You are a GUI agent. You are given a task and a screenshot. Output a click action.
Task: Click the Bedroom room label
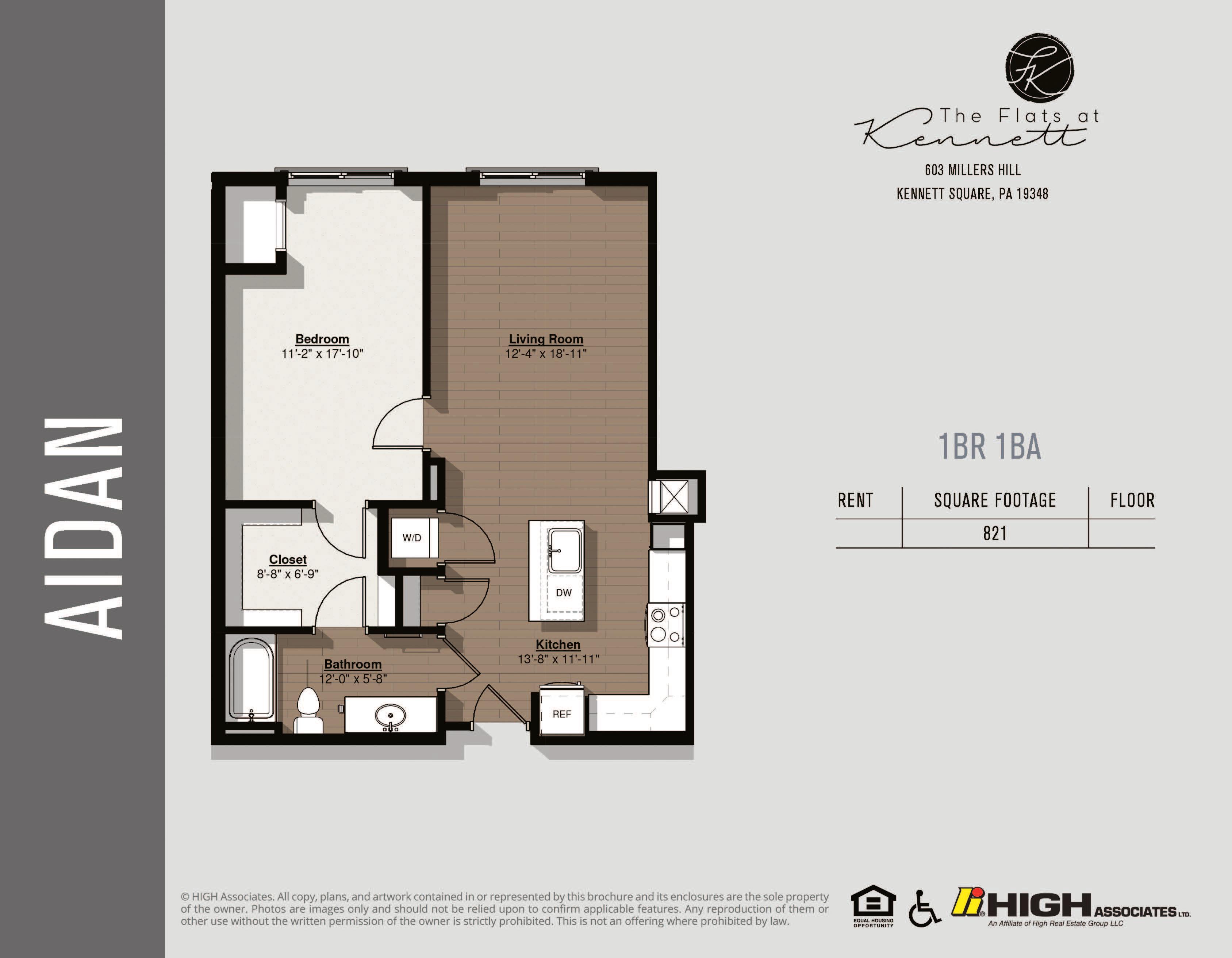pyautogui.click(x=322, y=339)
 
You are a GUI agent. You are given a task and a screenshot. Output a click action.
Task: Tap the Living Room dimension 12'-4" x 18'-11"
pyautogui.click(x=545, y=354)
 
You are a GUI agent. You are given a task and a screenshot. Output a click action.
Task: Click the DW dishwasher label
pyautogui.click(x=564, y=593)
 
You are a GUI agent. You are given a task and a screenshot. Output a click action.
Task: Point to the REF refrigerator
pyautogui.click(x=561, y=714)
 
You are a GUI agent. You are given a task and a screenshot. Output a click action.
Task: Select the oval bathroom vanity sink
pyautogui.click(x=390, y=716)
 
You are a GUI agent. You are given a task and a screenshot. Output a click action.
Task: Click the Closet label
pyautogui.click(x=288, y=559)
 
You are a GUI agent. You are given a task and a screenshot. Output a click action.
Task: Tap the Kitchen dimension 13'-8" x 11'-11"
pyautogui.click(x=558, y=659)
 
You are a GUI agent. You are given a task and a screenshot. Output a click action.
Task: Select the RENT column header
pyautogui.click(x=855, y=500)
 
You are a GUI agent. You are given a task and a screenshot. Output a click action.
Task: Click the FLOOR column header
pyautogui.click(x=1132, y=500)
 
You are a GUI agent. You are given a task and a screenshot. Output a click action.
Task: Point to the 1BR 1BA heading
pyautogui.click(x=990, y=447)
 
